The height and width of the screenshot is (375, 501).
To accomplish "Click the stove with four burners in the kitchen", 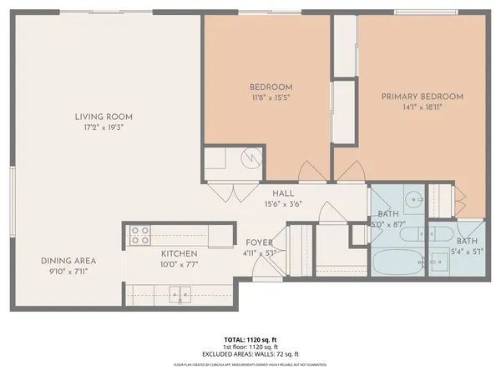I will [139, 235].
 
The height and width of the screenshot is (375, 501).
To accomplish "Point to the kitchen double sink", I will [179, 293].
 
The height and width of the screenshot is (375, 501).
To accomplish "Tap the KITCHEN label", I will [179, 253].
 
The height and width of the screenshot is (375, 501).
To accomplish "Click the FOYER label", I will [259, 242].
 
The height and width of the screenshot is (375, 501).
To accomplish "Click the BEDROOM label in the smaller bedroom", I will [271, 87].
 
